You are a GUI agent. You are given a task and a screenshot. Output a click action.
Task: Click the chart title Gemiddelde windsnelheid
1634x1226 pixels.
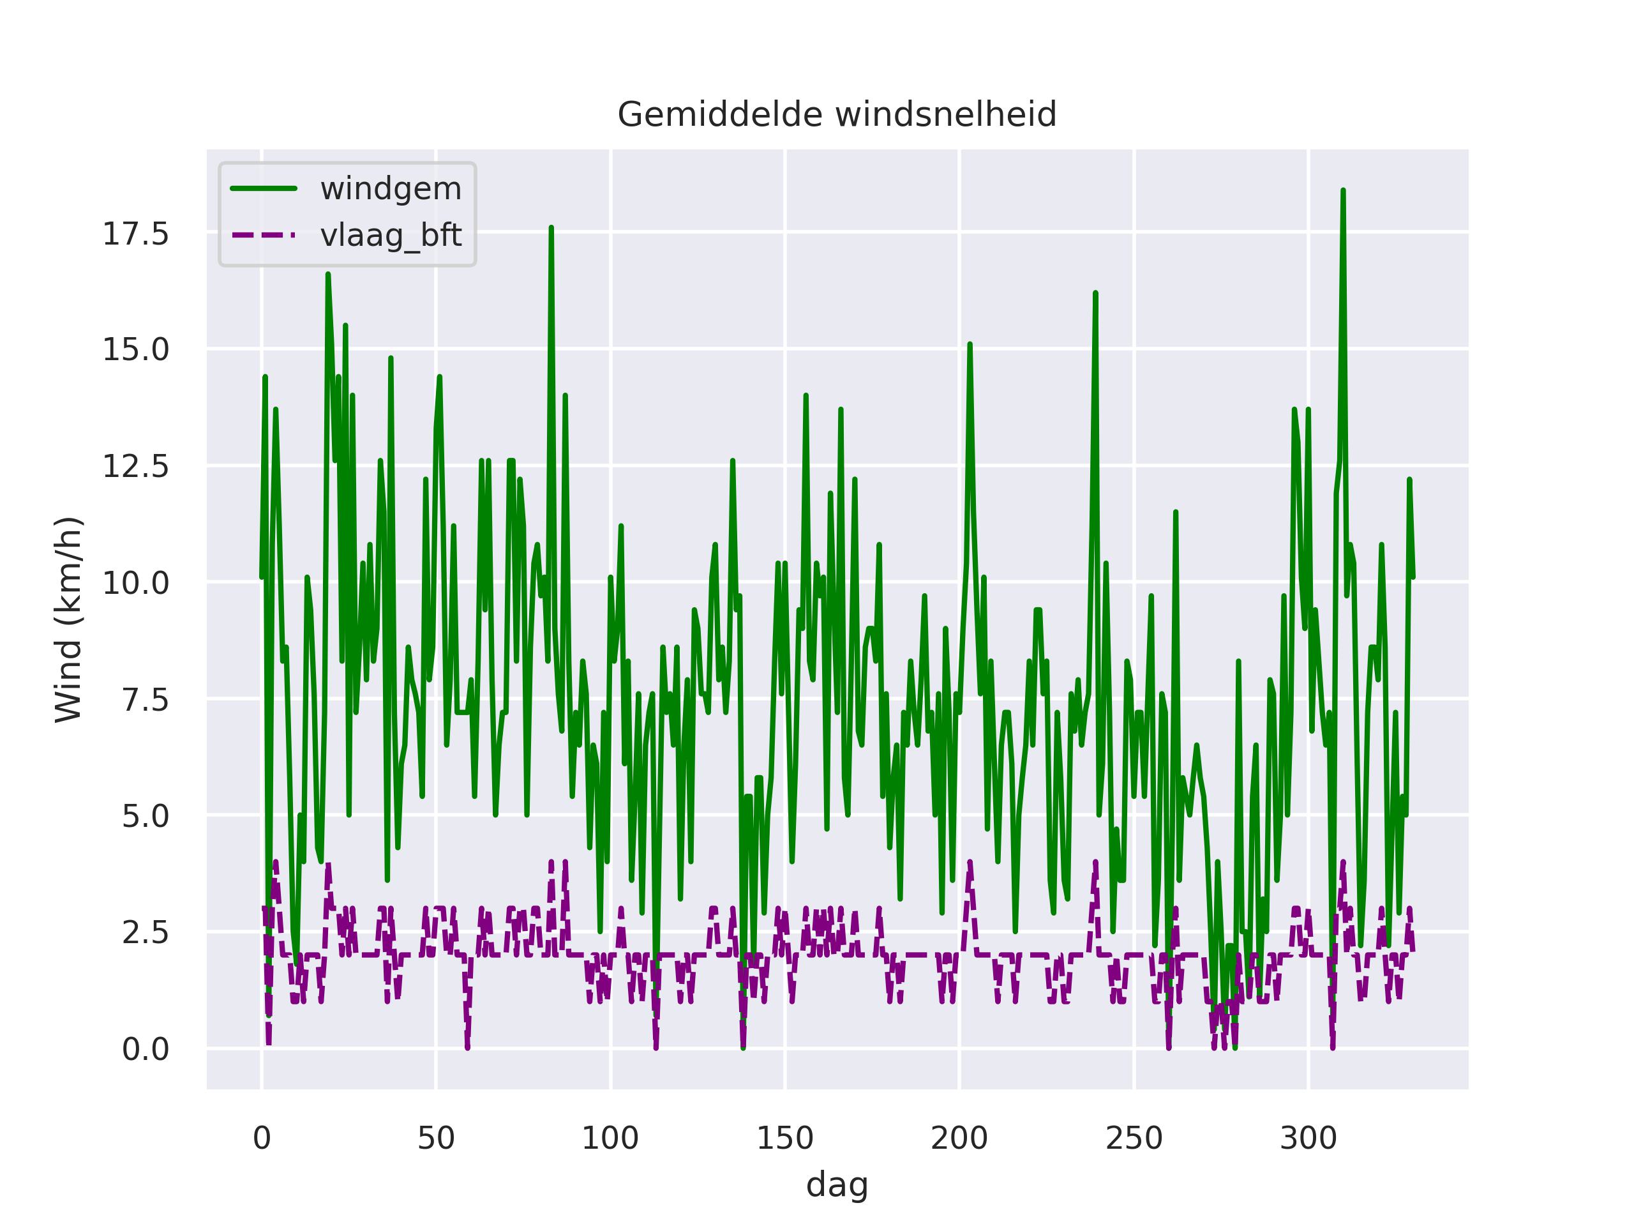click(x=837, y=116)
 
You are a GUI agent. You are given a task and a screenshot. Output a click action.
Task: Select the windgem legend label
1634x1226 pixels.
click(x=391, y=189)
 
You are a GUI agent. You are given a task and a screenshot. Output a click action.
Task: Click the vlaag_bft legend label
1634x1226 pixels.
click(x=391, y=236)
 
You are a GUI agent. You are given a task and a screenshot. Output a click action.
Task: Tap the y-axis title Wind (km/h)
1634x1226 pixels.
click(x=69, y=619)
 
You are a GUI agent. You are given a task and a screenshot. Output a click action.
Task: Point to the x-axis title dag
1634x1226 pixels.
click(x=837, y=1185)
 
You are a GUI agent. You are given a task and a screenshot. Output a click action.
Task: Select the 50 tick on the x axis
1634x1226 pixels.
click(x=436, y=1139)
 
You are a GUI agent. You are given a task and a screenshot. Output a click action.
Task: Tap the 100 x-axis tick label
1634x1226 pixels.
click(x=610, y=1139)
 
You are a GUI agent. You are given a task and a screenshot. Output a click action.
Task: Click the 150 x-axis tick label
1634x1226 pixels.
click(x=784, y=1139)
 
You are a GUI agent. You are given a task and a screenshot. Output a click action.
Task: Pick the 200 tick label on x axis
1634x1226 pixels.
click(x=959, y=1139)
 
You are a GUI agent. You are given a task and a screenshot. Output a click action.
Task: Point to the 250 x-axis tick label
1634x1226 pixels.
click(x=1134, y=1139)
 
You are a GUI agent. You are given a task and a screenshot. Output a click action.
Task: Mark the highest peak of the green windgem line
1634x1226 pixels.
click(x=1343, y=191)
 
